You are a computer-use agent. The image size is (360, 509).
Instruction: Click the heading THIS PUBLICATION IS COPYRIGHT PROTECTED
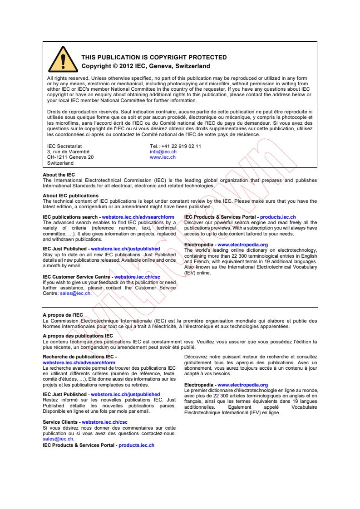[x=153, y=58]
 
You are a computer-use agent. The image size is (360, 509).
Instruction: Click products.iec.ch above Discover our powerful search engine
[x=278, y=217]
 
